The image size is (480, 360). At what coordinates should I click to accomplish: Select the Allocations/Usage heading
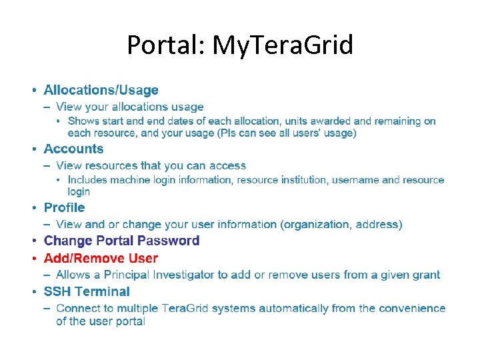(101, 90)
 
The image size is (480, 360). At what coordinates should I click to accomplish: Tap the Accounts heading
(73, 149)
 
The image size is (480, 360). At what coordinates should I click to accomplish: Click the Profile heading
(64, 207)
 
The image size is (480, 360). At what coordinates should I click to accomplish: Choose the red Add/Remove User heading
(101, 258)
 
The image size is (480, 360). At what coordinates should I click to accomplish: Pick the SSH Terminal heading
(87, 291)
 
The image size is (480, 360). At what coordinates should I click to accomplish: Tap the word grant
(425, 275)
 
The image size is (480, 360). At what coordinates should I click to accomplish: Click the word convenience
(413, 308)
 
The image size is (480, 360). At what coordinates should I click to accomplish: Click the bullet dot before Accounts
(34, 149)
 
